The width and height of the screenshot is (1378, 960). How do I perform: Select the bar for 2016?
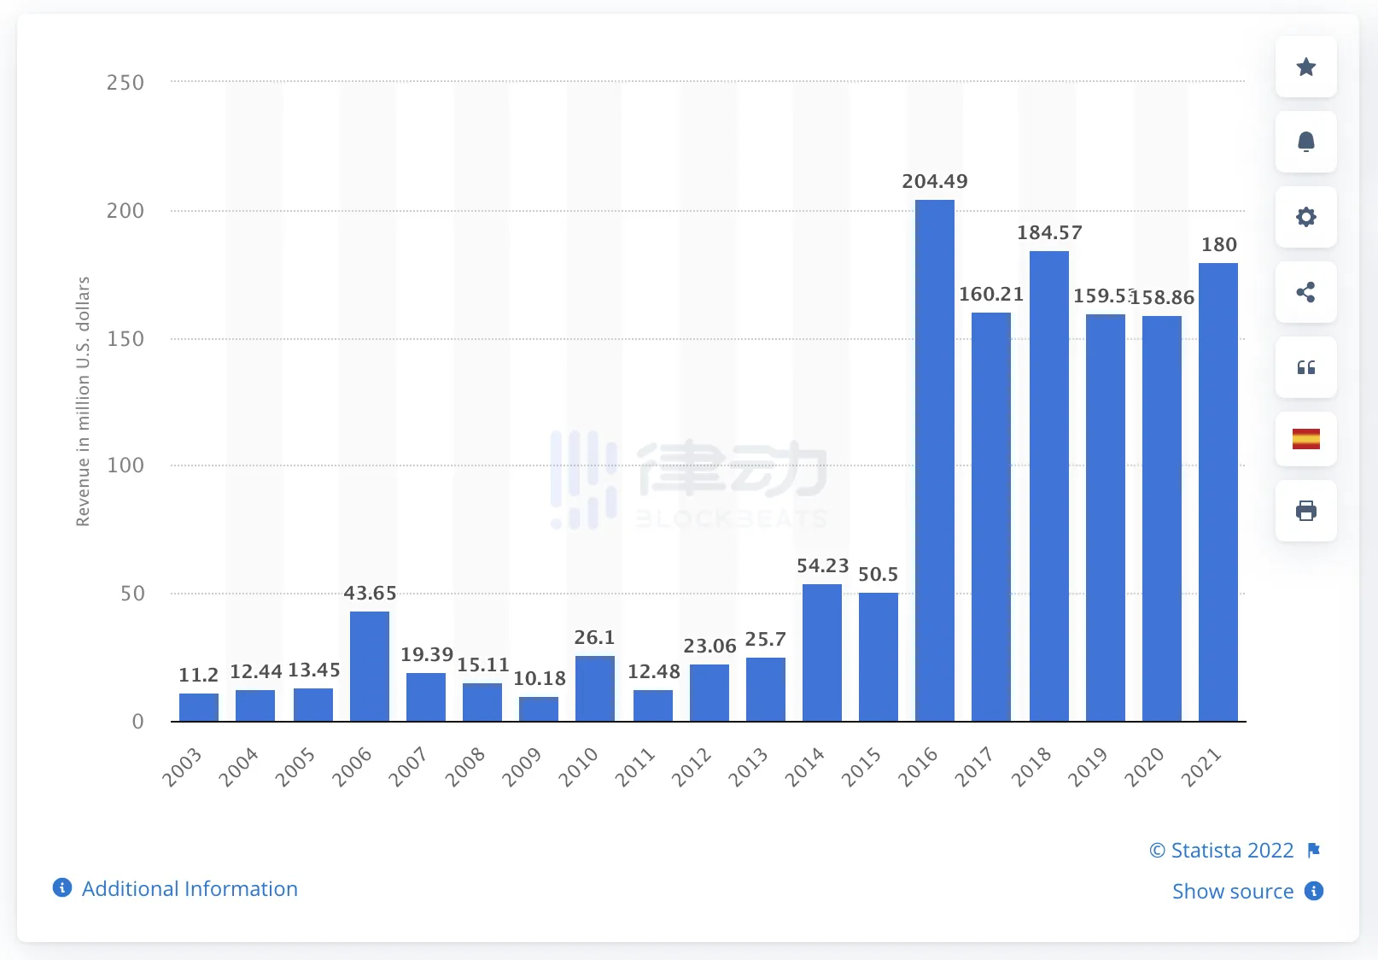(x=934, y=461)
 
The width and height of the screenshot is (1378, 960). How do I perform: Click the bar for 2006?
(x=370, y=666)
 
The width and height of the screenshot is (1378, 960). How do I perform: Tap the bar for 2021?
(x=1218, y=492)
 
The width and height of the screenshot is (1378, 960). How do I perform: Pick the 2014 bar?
(x=822, y=653)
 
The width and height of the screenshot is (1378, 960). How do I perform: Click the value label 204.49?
(x=935, y=181)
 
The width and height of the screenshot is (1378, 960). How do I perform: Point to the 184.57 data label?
(x=1049, y=232)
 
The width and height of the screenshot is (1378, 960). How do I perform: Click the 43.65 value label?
(x=370, y=593)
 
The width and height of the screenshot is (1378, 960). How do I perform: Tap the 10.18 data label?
(x=540, y=678)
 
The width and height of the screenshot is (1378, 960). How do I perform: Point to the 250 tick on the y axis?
(x=125, y=83)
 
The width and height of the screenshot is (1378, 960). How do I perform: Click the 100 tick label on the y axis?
(x=125, y=465)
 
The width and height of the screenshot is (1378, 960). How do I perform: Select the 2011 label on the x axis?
(x=634, y=767)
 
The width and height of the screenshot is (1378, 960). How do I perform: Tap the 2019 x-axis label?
(x=1087, y=767)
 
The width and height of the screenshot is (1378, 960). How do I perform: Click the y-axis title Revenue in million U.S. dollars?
(x=83, y=401)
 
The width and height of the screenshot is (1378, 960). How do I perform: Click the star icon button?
(x=1305, y=67)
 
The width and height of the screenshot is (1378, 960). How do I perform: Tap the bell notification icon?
(x=1305, y=142)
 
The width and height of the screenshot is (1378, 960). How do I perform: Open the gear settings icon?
(x=1305, y=217)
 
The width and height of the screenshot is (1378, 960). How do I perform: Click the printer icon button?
(x=1305, y=511)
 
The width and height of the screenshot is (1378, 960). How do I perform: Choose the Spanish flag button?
(x=1305, y=439)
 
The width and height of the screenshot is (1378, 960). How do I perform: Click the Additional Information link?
(x=190, y=888)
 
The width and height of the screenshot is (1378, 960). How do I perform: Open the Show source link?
(x=1232, y=891)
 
